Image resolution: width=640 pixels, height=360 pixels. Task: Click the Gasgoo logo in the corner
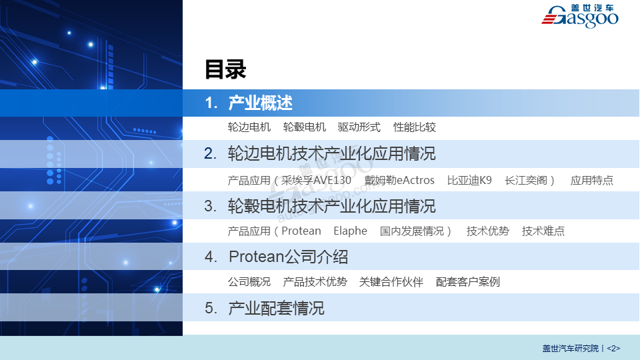(x=579, y=16)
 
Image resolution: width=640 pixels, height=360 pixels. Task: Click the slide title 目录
(x=225, y=69)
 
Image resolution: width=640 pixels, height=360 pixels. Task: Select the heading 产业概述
(x=261, y=103)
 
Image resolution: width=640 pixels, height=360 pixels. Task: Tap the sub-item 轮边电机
(x=249, y=127)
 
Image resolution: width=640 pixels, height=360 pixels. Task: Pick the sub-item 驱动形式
(x=359, y=127)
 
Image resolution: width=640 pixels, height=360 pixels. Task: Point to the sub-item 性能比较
(x=415, y=127)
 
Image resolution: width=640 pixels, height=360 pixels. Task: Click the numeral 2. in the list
(x=210, y=154)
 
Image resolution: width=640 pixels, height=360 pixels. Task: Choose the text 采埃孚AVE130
(x=316, y=181)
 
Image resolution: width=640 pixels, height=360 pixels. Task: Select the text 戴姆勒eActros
(x=399, y=181)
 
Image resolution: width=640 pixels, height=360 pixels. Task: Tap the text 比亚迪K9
(x=469, y=181)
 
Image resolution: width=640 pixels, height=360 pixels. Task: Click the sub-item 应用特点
(x=592, y=181)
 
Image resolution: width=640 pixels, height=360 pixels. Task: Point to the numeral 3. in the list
(x=210, y=206)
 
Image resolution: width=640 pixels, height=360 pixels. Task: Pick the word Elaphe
(x=350, y=231)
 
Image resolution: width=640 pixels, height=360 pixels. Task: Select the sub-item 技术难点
(x=543, y=231)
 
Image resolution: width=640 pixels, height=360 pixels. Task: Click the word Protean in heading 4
(x=256, y=257)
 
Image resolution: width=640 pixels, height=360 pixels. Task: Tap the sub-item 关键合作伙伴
(x=391, y=281)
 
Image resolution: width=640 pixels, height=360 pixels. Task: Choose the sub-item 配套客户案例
(x=468, y=281)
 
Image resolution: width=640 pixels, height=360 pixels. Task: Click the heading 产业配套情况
(x=276, y=308)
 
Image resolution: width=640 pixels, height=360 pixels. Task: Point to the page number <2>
(x=613, y=349)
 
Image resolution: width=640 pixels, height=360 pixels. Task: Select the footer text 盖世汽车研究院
(x=570, y=349)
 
